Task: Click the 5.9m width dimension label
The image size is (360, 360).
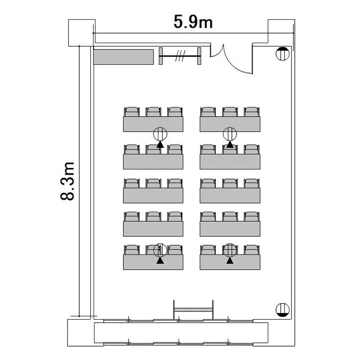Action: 193,22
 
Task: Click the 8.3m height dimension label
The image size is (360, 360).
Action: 68,181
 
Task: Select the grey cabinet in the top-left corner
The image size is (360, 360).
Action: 123,57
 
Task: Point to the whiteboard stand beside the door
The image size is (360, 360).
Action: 180,56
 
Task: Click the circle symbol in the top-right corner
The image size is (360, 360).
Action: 282,54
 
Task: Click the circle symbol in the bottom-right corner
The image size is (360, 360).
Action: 282,310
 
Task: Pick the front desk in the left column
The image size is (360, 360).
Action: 153,124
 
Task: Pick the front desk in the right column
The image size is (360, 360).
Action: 230,124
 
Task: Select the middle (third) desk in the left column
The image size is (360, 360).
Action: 153,195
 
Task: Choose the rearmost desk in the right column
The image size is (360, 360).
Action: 230,262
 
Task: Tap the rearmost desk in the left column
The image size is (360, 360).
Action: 153,262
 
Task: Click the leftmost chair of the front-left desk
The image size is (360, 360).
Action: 132,112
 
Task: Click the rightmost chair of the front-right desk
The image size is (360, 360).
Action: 252,112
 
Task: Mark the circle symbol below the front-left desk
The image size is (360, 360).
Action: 160,134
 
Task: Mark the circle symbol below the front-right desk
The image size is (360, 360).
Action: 230,134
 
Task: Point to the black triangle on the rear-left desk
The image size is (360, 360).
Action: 160,261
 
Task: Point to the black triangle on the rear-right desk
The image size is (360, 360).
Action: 230,261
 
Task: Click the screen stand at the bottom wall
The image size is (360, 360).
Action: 193,310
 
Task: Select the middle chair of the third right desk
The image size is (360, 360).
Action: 230,183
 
